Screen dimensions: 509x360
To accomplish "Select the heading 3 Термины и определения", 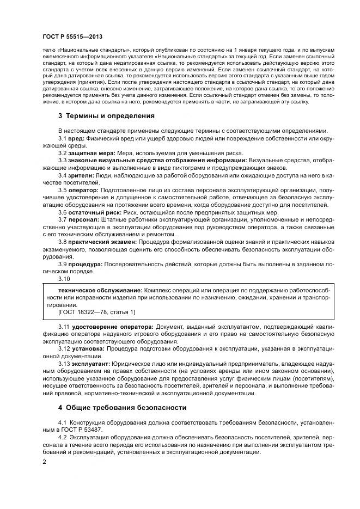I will (106, 116).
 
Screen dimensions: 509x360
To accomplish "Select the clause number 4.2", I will (62, 437).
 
